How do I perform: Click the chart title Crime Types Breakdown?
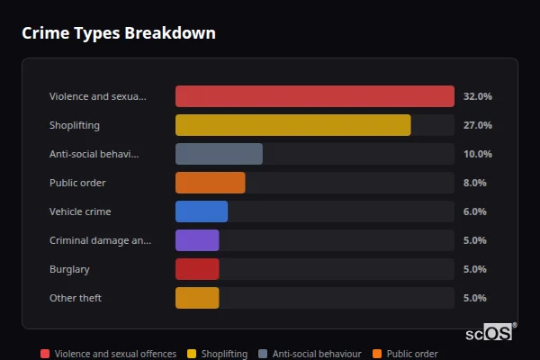[x=118, y=33]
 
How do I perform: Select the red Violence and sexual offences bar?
[x=314, y=96]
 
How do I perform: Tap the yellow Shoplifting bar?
[x=292, y=125]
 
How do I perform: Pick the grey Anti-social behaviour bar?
[x=219, y=154]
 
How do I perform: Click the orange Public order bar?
[x=210, y=183]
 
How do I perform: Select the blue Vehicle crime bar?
[x=202, y=211]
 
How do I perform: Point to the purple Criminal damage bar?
[x=197, y=240]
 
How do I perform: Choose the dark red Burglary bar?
[x=197, y=269]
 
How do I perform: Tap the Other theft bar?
[x=197, y=298]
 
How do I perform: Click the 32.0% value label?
[x=477, y=96]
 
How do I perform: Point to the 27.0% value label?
[x=477, y=125]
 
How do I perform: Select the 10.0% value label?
[x=477, y=154]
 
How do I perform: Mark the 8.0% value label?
[x=474, y=183]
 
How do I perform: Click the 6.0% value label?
[x=474, y=211]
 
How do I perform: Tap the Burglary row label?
[x=69, y=269]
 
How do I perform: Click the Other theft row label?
[x=75, y=298]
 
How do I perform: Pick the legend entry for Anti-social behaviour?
[x=310, y=354]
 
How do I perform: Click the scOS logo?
[x=490, y=333]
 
